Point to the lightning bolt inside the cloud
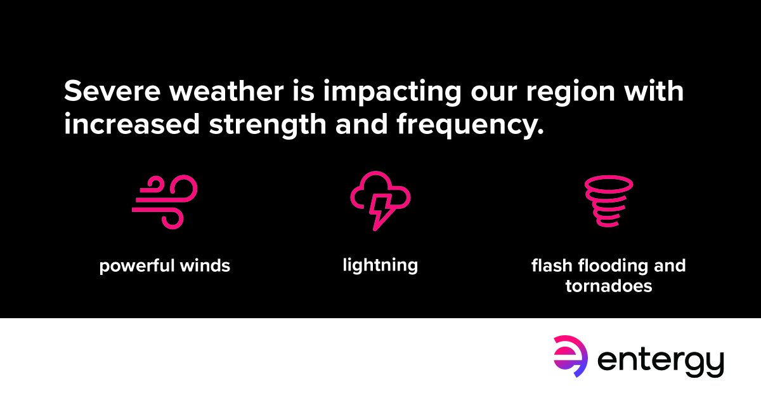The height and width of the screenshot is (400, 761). point(381,210)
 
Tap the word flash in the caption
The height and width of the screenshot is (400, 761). point(549,265)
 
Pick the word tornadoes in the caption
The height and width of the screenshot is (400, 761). point(609,286)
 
